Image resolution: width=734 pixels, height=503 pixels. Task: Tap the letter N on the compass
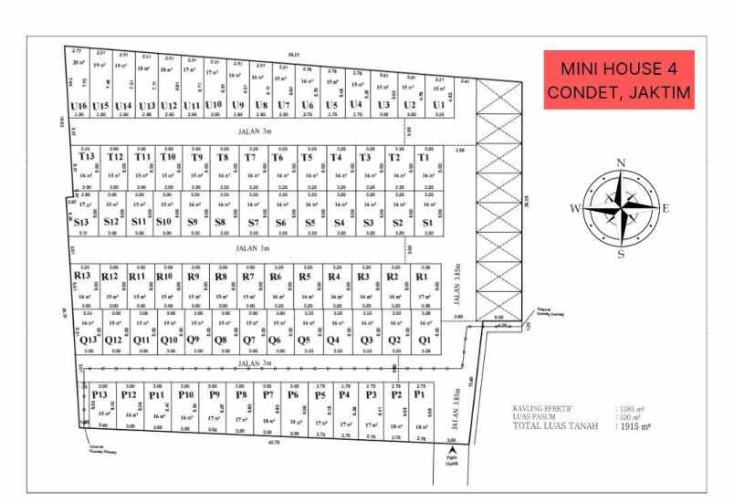point(621,163)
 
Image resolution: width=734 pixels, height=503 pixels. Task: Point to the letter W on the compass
point(575,208)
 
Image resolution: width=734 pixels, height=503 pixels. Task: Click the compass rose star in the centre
point(621,208)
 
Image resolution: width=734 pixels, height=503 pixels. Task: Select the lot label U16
point(79,106)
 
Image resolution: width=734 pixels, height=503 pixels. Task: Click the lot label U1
point(439,105)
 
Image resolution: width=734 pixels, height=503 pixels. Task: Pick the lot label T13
point(87,157)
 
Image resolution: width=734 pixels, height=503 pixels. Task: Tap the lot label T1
point(424,157)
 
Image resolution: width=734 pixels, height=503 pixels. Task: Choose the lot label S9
point(193,222)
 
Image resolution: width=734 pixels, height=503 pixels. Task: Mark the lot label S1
point(426,222)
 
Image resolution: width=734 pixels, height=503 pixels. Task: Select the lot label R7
point(247,276)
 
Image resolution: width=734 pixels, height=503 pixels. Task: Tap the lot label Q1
point(425,340)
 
